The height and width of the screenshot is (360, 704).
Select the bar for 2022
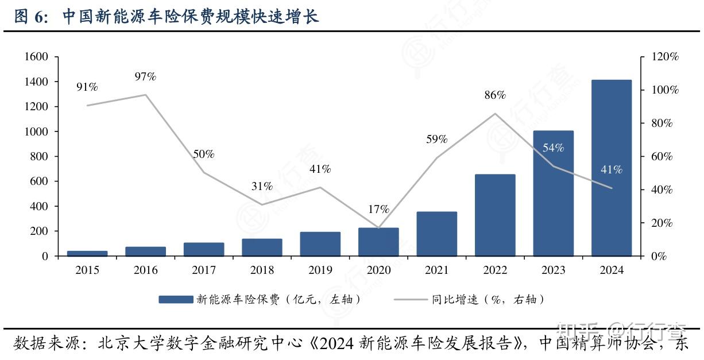click(495, 215)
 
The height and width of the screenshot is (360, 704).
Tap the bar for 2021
click(437, 234)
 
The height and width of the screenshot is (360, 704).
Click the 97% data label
click(145, 77)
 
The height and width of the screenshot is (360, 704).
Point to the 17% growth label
click(378, 209)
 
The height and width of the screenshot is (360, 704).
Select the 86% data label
click(494, 95)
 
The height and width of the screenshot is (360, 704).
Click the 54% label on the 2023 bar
click(553, 148)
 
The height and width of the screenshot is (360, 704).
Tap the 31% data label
click(262, 187)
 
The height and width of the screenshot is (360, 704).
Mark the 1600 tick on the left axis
click(36, 57)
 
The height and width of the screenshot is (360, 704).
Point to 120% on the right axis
click(666, 57)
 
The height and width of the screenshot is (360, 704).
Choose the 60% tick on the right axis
click(661, 157)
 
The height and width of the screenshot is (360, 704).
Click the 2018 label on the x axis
click(262, 270)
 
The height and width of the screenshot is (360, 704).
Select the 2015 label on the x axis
click(87, 270)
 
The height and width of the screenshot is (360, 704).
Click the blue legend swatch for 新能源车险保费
click(175, 299)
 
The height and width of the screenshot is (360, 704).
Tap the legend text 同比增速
click(455, 299)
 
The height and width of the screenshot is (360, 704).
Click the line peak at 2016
click(146, 95)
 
